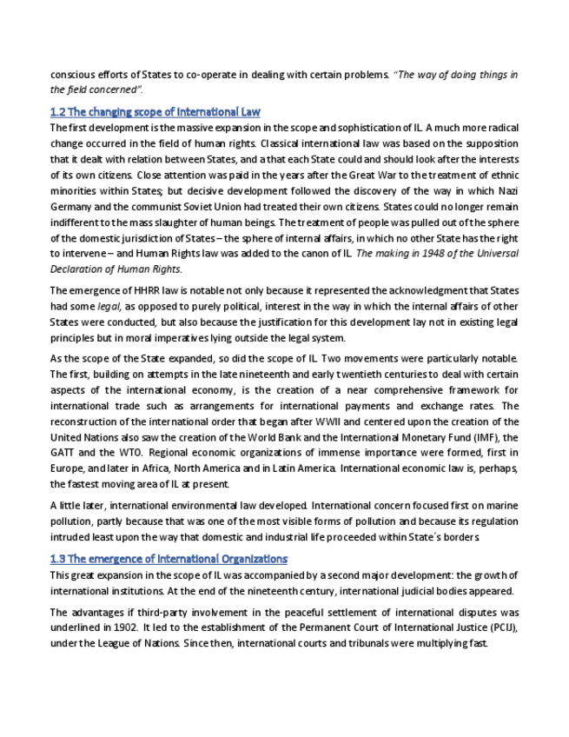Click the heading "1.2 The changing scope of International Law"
tap(155, 112)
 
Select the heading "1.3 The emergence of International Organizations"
tap(169, 559)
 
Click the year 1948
tap(420, 253)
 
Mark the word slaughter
tap(199, 222)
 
